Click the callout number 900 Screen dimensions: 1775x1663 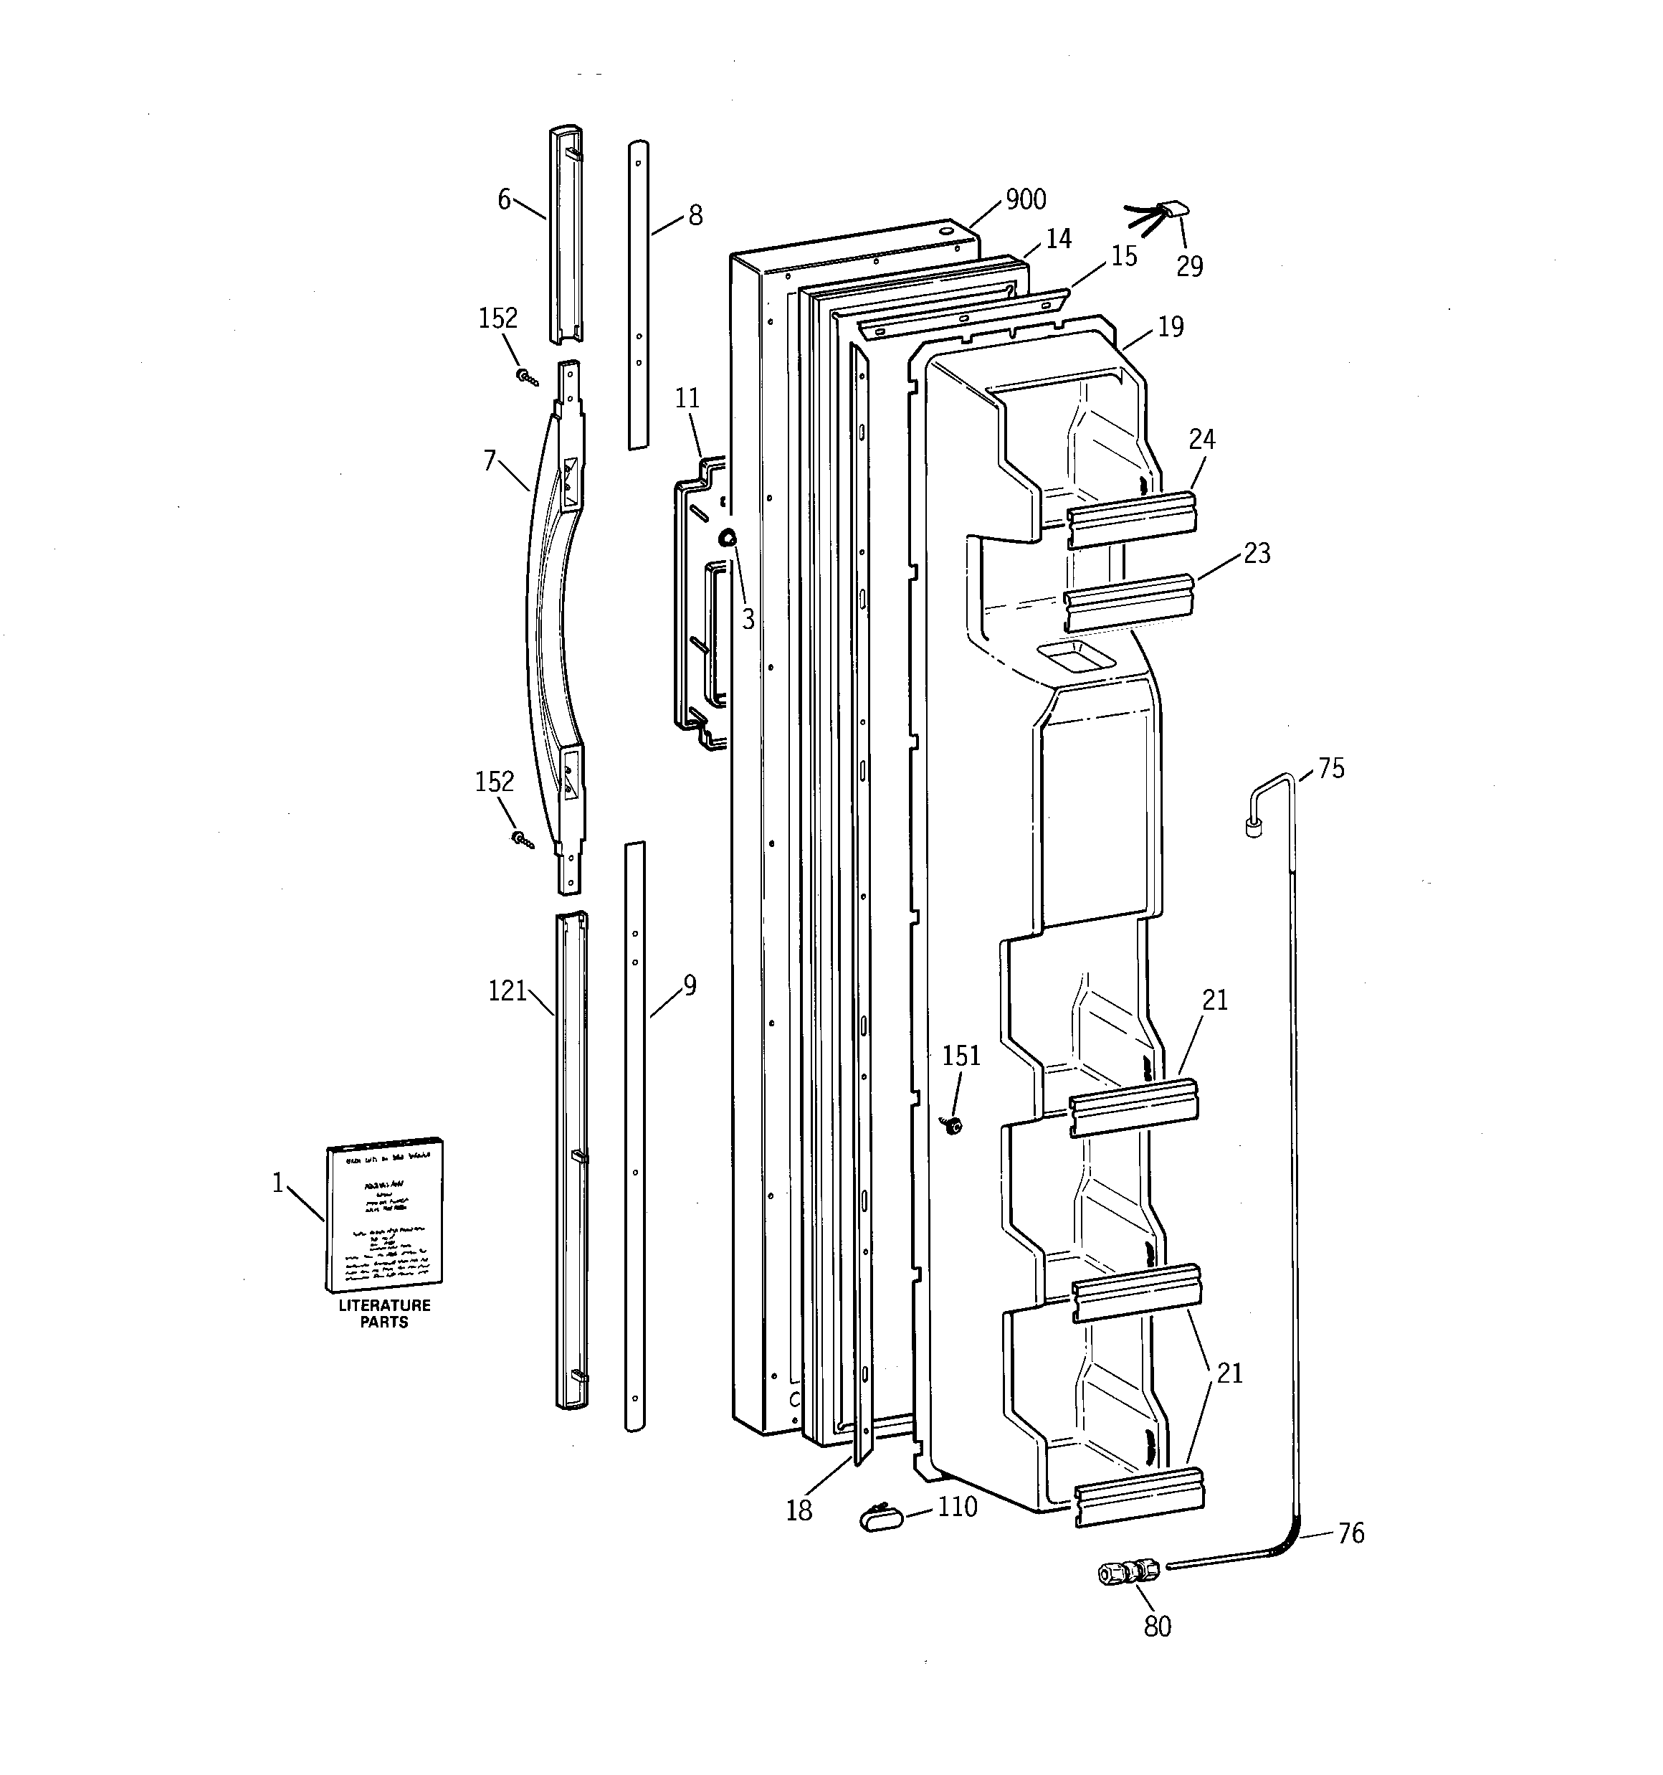tap(1026, 200)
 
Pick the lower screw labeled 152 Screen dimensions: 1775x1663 tap(523, 839)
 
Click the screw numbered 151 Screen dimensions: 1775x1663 tap(954, 1126)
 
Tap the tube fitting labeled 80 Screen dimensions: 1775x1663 tap(1128, 1571)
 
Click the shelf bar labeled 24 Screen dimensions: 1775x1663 tap(1132, 519)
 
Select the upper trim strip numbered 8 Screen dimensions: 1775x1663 tap(637, 295)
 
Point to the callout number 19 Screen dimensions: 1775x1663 tap(1171, 327)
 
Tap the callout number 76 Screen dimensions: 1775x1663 tap(1350, 1533)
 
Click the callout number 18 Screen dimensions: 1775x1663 tap(799, 1510)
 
